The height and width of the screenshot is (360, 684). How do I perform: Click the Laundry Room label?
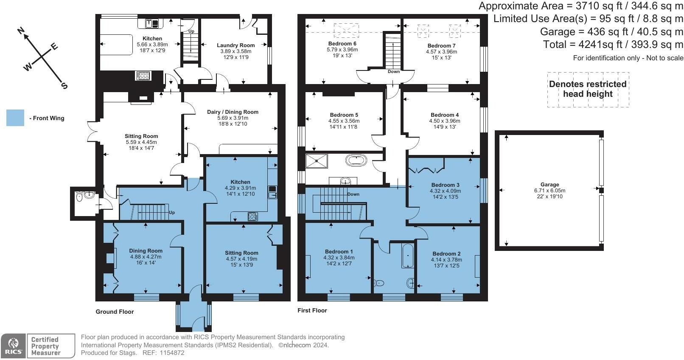point(235,45)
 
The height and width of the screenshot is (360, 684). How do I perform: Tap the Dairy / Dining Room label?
point(233,112)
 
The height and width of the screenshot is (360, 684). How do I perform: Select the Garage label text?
point(549,185)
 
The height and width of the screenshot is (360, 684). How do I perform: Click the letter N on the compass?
point(21,31)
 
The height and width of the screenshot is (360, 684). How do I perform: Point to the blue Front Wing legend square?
point(15,118)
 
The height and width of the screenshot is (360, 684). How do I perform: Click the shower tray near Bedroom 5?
point(317,160)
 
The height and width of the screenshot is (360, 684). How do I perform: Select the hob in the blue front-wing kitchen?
point(253,217)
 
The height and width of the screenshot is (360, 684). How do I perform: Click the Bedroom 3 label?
point(445,185)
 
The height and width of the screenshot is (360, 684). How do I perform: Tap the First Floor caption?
point(312,310)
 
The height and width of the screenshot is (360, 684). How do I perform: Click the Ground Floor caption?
point(115,312)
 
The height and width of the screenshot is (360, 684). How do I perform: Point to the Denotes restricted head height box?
point(588,89)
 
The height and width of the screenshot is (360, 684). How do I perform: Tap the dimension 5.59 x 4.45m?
point(141,142)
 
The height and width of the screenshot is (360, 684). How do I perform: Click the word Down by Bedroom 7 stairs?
point(394,71)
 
